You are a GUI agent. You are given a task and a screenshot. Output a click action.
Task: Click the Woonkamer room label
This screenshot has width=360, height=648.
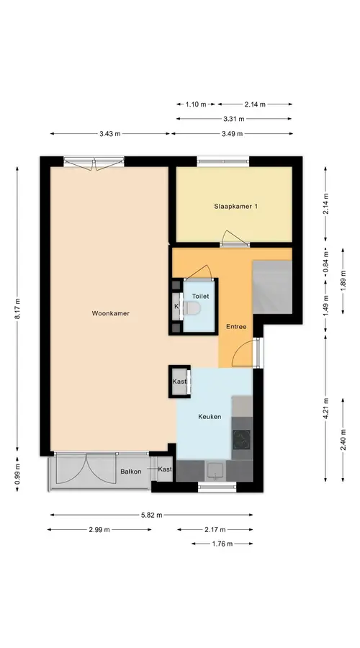pos(110,313)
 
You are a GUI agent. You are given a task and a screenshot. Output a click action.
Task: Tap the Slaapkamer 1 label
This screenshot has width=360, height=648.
pos(235,206)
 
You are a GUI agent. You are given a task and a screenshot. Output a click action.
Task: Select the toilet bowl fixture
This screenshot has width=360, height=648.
pos(192,307)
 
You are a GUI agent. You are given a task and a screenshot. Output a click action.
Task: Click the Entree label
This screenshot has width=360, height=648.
pos(236,326)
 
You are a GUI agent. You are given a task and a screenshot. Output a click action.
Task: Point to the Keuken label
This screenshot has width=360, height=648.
pos(210,417)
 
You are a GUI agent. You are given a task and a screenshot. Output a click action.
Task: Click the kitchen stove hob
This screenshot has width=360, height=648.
pos(241,440)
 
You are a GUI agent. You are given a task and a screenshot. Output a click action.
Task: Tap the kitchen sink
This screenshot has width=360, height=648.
pos(215,470)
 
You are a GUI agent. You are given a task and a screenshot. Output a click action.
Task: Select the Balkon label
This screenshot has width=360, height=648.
pos(131,471)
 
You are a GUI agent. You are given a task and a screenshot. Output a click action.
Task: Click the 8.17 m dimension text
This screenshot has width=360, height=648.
pos(17,309)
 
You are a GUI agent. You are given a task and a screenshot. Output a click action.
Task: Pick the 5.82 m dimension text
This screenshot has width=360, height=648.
pos(152,515)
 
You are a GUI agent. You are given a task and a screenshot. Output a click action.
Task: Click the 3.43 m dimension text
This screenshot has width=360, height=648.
pos(110,133)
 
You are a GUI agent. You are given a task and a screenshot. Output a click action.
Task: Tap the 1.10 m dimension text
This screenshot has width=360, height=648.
pos(196,104)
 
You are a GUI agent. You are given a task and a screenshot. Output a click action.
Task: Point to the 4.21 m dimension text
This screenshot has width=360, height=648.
pos(325,408)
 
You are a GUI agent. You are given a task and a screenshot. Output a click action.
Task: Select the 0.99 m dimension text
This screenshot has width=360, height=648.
pos(17,474)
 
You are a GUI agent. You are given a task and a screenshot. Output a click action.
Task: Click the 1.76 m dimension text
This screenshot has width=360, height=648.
pos(222,544)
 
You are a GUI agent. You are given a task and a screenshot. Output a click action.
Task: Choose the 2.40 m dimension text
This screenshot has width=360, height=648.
pos(343,441)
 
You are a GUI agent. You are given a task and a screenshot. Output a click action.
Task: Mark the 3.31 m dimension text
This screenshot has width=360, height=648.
pos(234,119)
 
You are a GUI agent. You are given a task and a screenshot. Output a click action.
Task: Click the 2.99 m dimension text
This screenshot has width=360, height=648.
pos(99,529)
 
